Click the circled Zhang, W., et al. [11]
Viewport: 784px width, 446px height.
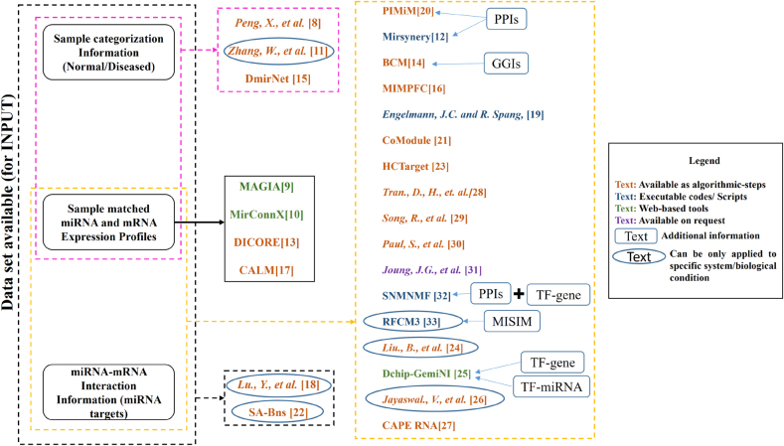point(277,48)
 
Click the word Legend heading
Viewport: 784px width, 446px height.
point(694,160)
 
